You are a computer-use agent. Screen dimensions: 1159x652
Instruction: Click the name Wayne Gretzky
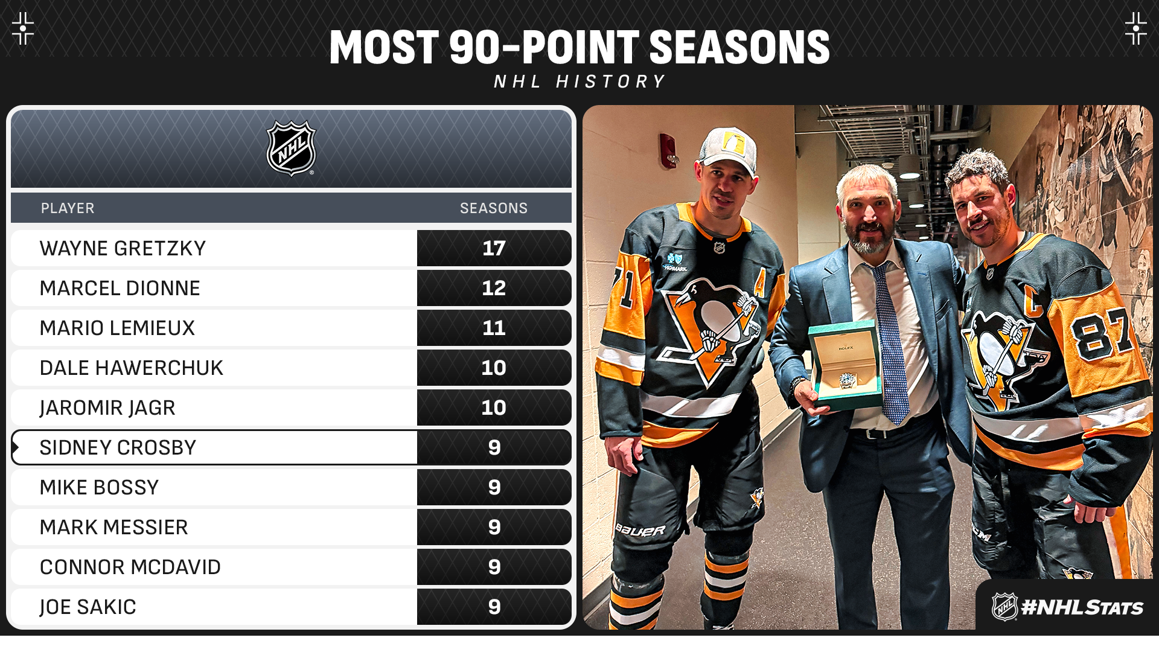pos(123,248)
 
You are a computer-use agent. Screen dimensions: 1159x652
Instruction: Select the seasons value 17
pos(494,248)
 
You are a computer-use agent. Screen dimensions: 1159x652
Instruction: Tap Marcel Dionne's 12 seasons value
pos(494,288)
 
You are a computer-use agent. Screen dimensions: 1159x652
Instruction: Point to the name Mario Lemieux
pos(117,328)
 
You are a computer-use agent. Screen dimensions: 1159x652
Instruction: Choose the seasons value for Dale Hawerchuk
pos(494,368)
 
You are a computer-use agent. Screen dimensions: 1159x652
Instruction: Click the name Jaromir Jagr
pos(107,408)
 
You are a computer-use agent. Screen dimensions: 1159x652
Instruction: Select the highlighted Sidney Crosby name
pos(118,447)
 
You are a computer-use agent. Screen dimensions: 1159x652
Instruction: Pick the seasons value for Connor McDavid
pos(494,567)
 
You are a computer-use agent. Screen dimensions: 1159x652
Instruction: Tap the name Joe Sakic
pos(88,607)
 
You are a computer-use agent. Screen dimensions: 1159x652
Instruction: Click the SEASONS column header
pos(494,208)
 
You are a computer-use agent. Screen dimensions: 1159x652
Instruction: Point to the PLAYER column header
pos(68,208)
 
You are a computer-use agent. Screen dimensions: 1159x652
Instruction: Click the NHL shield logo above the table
pos(292,149)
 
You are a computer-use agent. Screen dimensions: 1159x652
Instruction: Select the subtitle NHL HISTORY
pos(579,81)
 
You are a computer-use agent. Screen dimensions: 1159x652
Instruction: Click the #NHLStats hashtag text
pos(1082,607)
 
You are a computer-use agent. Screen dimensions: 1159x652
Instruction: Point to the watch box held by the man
pos(845,365)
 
